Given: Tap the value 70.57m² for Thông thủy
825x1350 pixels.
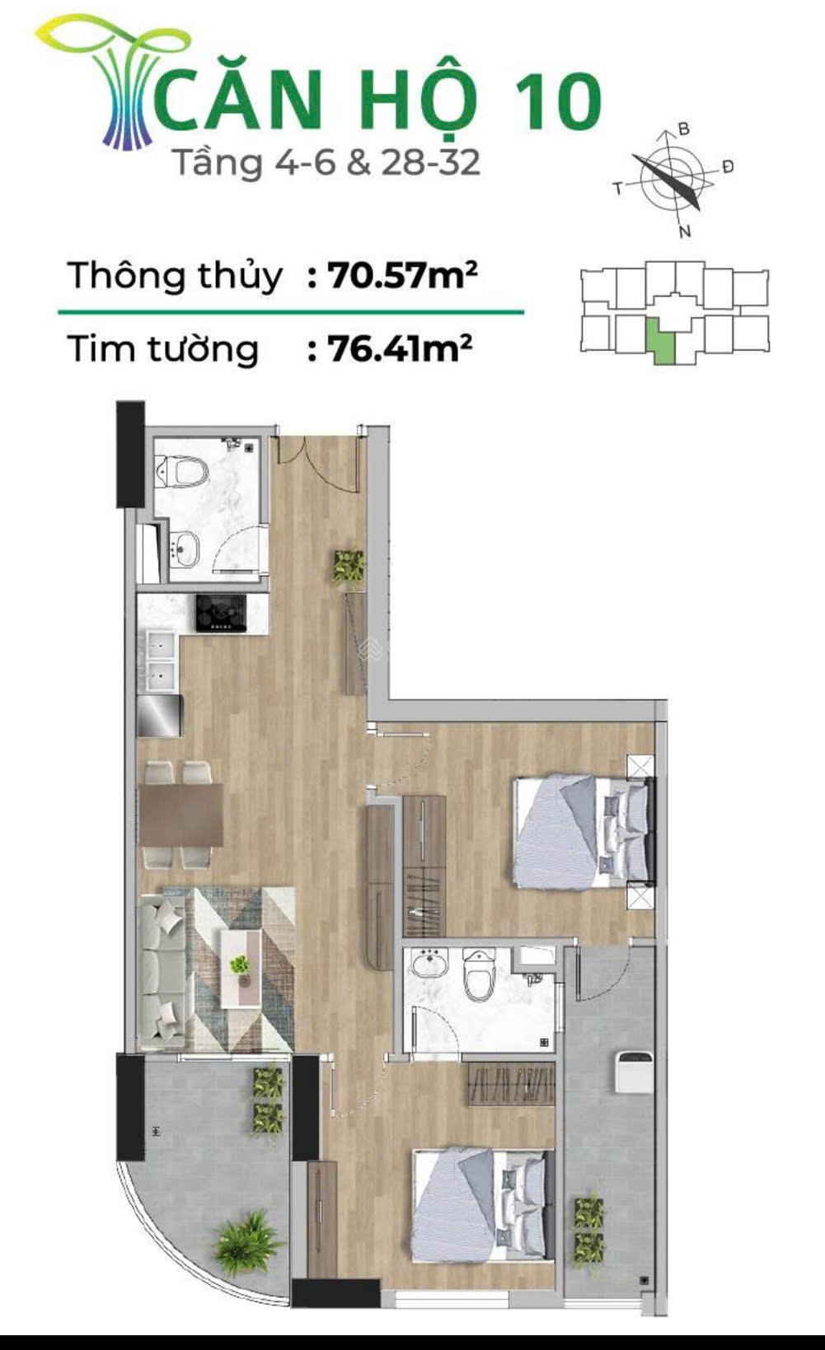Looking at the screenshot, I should point(402,275).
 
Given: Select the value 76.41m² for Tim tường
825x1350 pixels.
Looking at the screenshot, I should point(400,348).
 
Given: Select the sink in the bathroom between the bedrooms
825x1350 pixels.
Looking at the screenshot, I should point(429,963).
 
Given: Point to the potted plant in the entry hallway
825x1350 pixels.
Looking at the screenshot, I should point(349,566).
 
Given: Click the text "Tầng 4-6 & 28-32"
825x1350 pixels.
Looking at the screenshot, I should point(326,162).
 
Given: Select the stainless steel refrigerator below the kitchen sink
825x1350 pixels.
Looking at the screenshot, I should point(160,715).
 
